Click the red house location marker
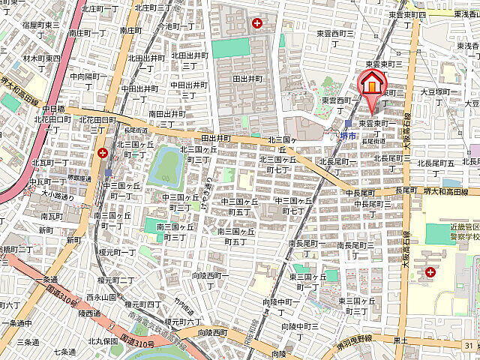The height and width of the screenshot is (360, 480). (371, 85)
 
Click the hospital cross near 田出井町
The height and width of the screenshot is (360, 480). (258, 23)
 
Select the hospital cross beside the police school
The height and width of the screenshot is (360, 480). (430, 273)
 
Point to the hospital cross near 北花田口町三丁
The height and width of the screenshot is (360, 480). (102, 153)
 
